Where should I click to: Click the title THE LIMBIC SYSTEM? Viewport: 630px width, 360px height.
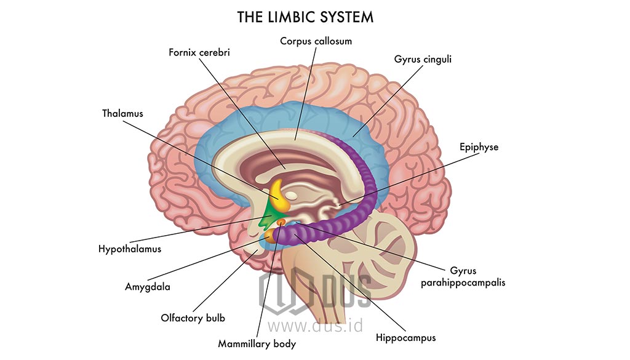point(305,17)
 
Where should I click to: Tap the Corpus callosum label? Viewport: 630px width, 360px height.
point(316,41)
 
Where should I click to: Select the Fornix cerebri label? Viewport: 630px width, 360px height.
point(200,52)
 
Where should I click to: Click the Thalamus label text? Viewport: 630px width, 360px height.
point(122,113)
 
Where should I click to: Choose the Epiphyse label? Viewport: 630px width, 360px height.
point(479,147)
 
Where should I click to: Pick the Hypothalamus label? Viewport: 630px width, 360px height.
point(130,249)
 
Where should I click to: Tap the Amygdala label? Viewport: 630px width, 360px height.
point(148,287)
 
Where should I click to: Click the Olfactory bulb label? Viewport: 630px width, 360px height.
point(193,318)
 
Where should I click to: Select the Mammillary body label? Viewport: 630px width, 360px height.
point(257,344)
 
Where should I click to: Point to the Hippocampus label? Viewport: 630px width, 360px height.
point(405,338)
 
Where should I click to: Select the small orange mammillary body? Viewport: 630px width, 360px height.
point(281,222)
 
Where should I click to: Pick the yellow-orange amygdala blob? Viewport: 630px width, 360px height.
point(269,236)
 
